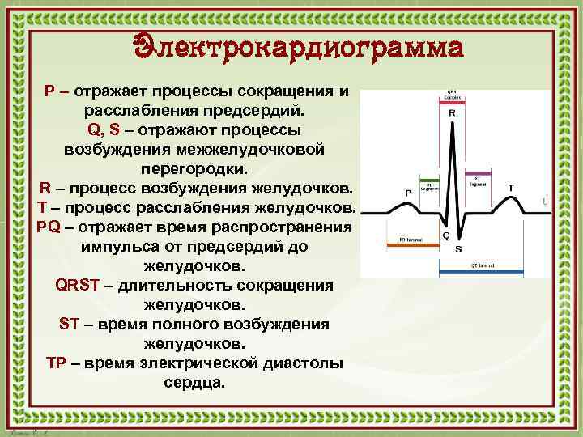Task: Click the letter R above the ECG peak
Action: [451, 114]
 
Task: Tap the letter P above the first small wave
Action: [408, 193]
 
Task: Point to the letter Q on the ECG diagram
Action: [445, 236]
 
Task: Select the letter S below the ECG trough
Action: [458, 249]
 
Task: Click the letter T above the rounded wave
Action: [511, 188]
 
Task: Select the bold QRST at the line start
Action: [76, 285]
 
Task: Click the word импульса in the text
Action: [116, 246]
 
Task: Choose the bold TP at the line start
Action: [56, 363]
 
